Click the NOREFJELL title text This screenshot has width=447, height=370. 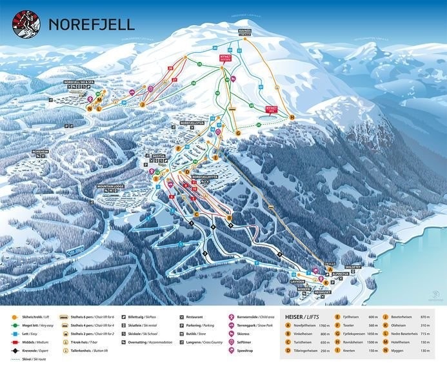[92, 25]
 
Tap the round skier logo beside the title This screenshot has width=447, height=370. [26, 24]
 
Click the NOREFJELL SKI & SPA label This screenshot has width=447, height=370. [82, 82]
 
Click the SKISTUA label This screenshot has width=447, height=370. [159, 156]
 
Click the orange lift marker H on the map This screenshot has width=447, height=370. [292, 117]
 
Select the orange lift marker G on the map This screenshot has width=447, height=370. [237, 132]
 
